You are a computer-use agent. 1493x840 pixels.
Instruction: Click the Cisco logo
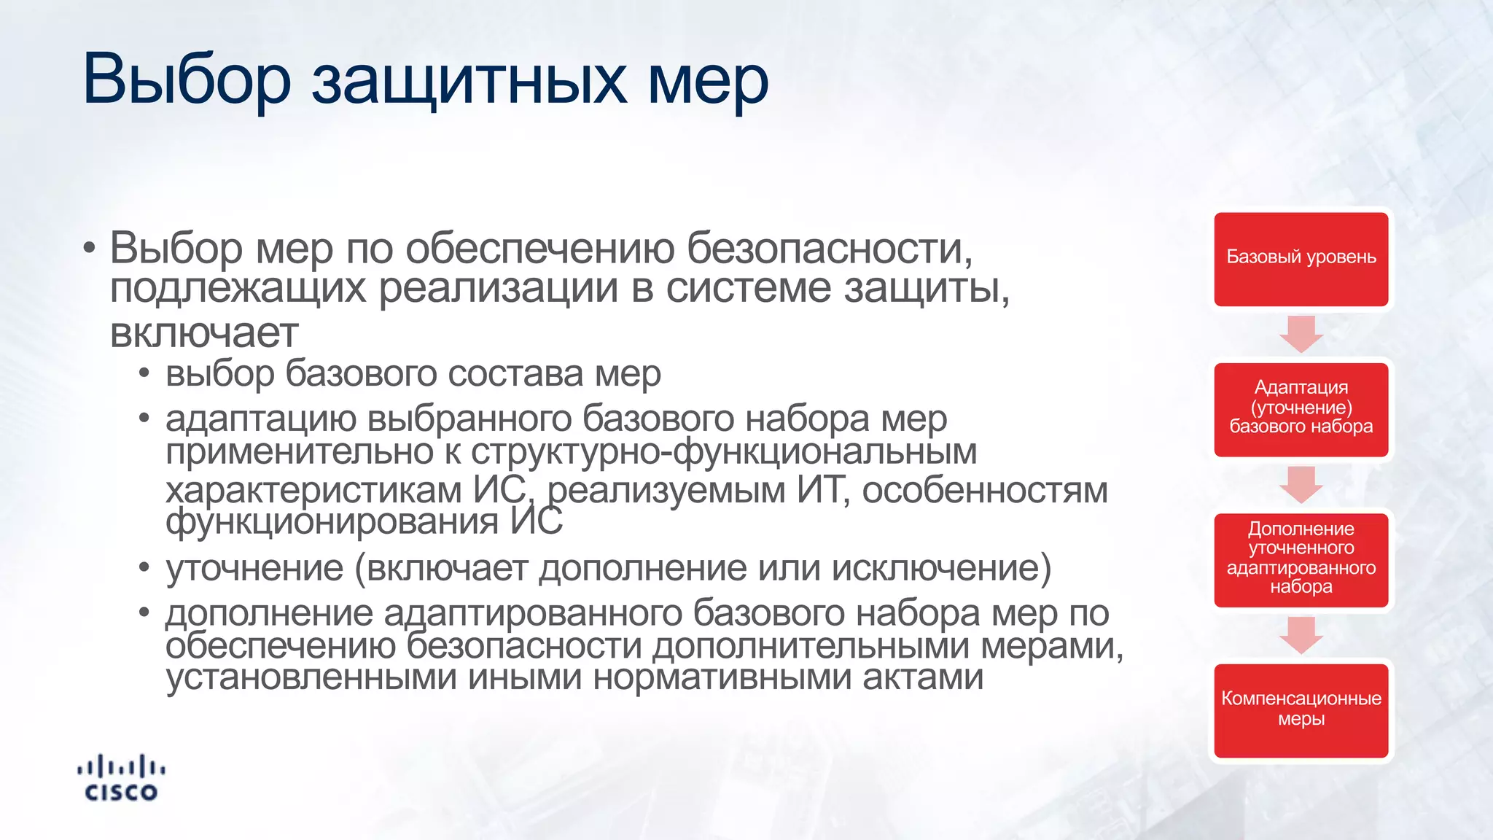click(121, 778)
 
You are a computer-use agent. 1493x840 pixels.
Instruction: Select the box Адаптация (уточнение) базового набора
click(1301, 409)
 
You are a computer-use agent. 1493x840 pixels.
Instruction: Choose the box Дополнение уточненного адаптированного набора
click(1301, 558)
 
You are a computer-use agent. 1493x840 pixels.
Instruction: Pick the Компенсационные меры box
click(1301, 709)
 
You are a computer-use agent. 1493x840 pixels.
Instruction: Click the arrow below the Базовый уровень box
click(1301, 334)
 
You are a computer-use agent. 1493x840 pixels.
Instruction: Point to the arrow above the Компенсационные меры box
click(1301, 634)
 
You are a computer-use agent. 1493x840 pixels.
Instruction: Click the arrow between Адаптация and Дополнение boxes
click(1301, 484)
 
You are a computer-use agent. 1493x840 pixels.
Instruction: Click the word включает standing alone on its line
click(204, 333)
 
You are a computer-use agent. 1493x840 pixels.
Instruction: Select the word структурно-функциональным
click(724, 452)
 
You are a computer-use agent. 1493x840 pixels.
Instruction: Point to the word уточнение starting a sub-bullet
click(254, 568)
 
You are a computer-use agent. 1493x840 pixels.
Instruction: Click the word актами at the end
click(923, 677)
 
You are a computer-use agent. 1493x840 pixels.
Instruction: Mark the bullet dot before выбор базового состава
click(144, 374)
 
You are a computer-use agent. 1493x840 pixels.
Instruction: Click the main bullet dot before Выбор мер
click(89, 249)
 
